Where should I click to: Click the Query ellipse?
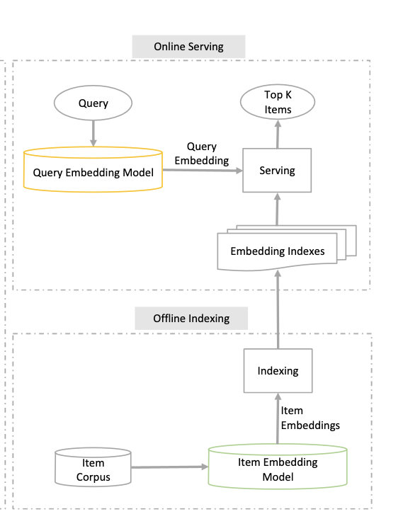pyautogui.click(x=93, y=103)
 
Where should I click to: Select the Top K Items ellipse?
pyautogui.click(x=278, y=102)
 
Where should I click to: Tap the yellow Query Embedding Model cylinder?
pyautogui.click(x=93, y=169)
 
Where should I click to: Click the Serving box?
pyautogui.click(x=277, y=171)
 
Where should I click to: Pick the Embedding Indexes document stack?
pyautogui.click(x=287, y=248)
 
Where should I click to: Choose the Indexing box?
pyautogui.click(x=278, y=371)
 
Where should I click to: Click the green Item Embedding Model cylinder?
pyautogui.click(x=278, y=467)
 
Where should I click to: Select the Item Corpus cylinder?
pyautogui.click(x=93, y=467)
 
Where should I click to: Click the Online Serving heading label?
pyautogui.click(x=188, y=47)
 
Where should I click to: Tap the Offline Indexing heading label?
pyautogui.click(x=191, y=319)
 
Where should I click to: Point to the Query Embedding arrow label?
pyautogui.click(x=202, y=154)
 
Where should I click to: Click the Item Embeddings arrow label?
pyautogui.click(x=310, y=418)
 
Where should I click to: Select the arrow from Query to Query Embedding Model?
pyautogui.click(x=93, y=133)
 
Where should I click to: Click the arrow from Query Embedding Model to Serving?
pyautogui.click(x=203, y=171)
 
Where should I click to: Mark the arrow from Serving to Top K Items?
pyautogui.click(x=278, y=134)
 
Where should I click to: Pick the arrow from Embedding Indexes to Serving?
pyautogui.click(x=277, y=210)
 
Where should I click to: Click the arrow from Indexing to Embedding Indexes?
pyautogui.click(x=278, y=309)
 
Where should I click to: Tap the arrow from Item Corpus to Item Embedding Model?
pyautogui.click(x=170, y=467)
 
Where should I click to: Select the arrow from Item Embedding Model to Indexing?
pyautogui.click(x=278, y=418)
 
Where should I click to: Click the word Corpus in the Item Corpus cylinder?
pyautogui.click(x=93, y=477)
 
